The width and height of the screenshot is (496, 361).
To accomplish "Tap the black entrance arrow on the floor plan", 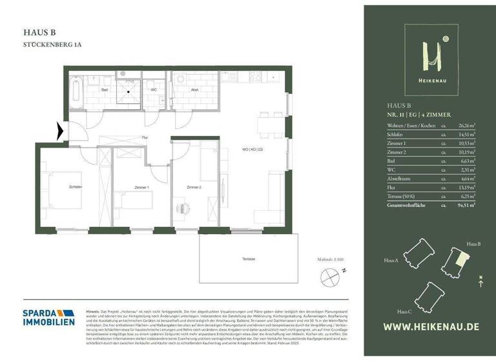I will pos(60,132).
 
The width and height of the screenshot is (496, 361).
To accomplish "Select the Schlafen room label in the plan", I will pos(76,187).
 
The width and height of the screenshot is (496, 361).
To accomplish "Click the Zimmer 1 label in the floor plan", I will pos(142,188).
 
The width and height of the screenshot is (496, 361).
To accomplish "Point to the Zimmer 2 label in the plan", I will pos(194,187).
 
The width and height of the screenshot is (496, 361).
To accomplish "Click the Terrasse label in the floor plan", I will pos(249,259).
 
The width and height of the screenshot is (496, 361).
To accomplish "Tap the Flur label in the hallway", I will pos(145,137).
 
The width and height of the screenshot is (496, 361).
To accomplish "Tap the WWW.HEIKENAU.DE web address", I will pos(431,327).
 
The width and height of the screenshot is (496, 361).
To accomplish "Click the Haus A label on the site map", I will pos(390,261).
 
